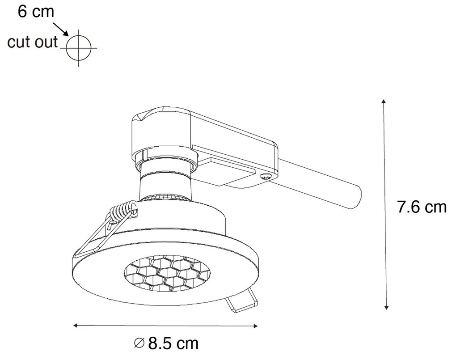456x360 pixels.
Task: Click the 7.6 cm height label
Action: click(x=422, y=207)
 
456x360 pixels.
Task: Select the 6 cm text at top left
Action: click(x=36, y=11)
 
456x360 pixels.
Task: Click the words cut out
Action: click(x=33, y=42)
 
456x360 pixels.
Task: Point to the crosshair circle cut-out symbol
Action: click(x=79, y=46)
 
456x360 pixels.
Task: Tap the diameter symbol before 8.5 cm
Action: click(x=139, y=344)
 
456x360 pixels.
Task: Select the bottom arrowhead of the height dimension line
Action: click(x=386, y=307)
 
